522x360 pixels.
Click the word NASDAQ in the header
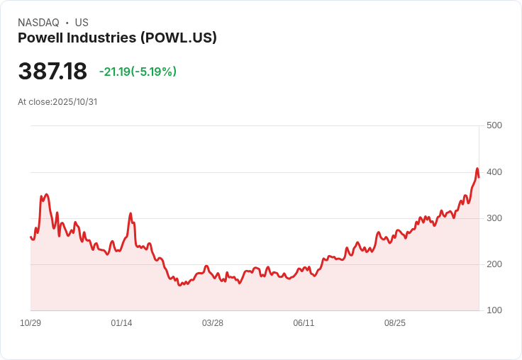pyautogui.click(x=38, y=23)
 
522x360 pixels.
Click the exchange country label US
pyautogui.click(x=82, y=23)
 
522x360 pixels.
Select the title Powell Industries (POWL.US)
pyautogui.click(x=117, y=38)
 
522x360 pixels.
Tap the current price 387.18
pyautogui.click(x=52, y=72)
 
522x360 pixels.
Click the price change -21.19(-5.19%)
pyautogui.click(x=138, y=72)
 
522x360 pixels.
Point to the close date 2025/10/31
pyautogui.click(x=74, y=102)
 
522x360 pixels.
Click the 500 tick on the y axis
pyautogui.click(x=494, y=125)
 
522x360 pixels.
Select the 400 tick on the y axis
pyautogui.click(x=494, y=172)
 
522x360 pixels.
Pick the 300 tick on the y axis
pyautogui.click(x=494, y=218)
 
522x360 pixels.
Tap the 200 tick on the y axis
pyautogui.click(x=494, y=264)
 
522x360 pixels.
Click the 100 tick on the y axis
pyautogui.click(x=494, y=310)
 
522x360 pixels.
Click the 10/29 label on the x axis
pyautogui.click(x=30, y=323)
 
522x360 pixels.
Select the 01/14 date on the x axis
pyautogui.click(x=121, y=323)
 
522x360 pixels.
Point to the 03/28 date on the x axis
pyautogui.click(x=213, y=323)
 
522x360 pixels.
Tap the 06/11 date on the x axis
pyautogui.click(x=304, y=323)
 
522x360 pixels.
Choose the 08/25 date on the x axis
pyautogui.click(x=395, y=323)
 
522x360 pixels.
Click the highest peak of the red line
pyautogui.click(x=477, y=169)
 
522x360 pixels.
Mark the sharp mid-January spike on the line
pyautogui.click(x=130, y=213)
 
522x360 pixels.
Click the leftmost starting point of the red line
pyautogui.click(x=31, y=237)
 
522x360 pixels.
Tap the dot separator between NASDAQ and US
pyautogui.click(x=67, y=23)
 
